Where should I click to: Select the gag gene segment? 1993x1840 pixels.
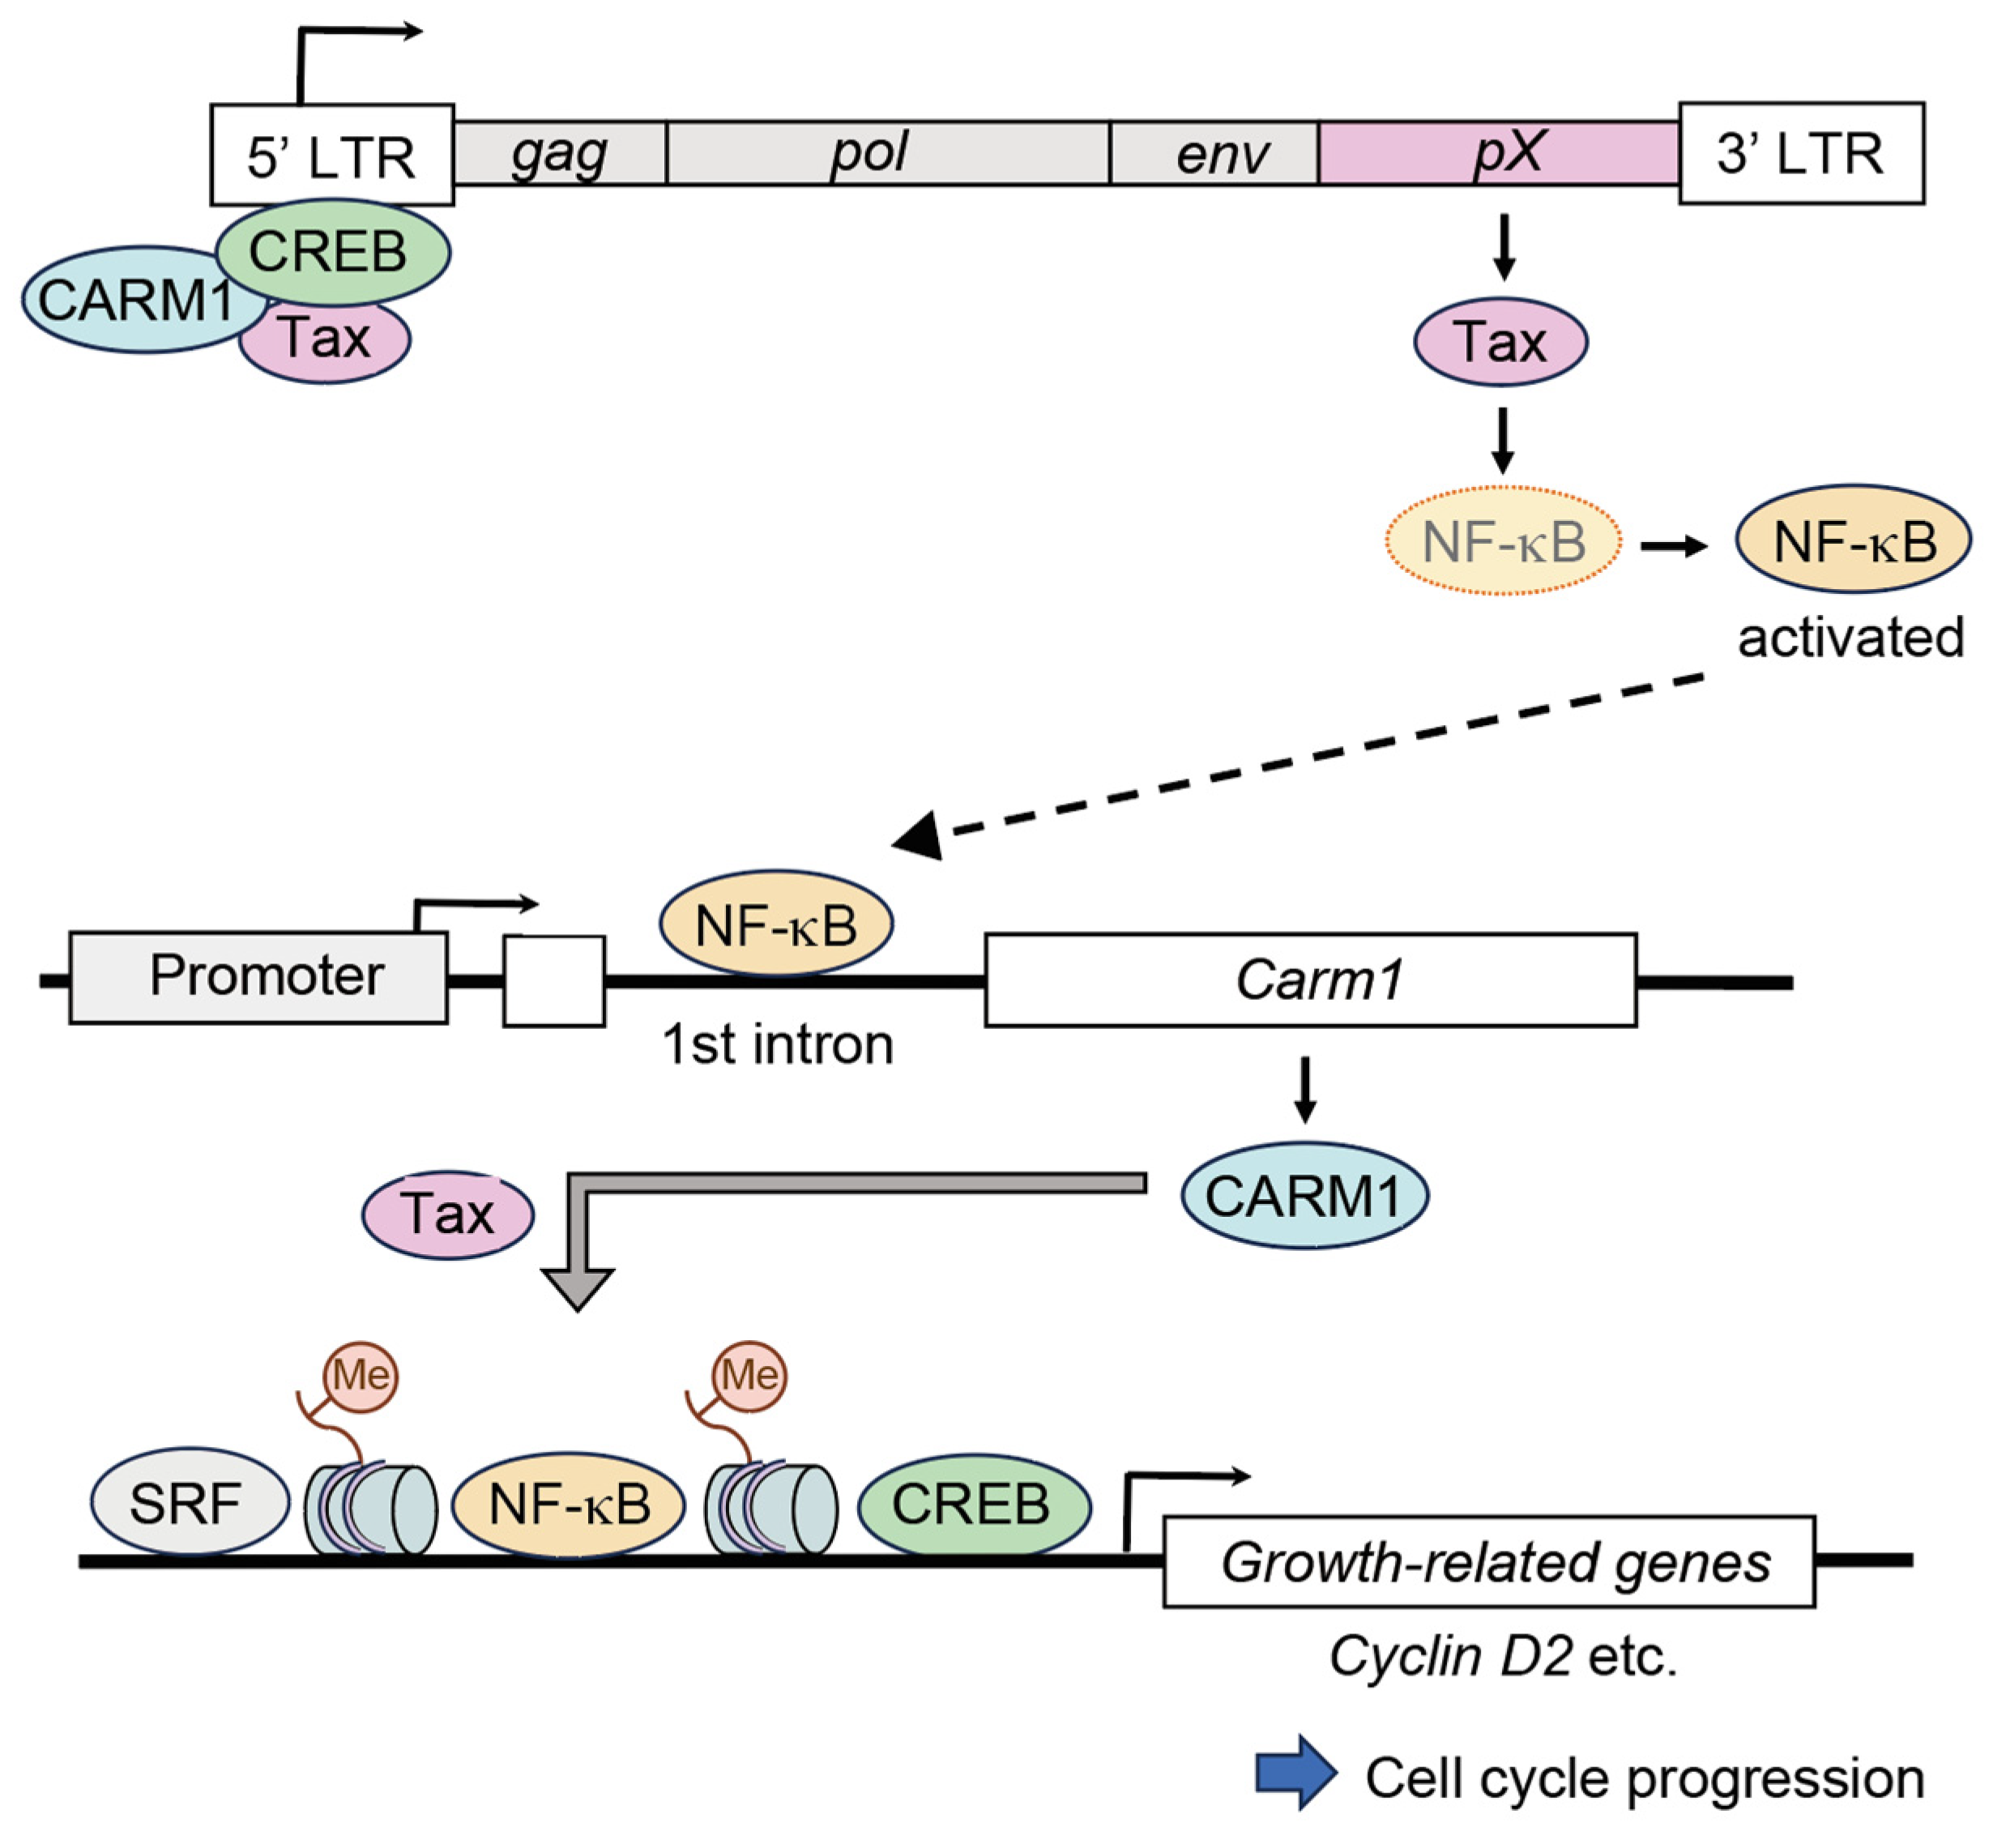click(x=560, y=153)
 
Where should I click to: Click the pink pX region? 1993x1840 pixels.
click(x=1498, y=153)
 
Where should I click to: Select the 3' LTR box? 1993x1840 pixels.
click(x=1801, y=153)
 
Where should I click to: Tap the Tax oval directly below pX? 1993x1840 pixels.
click(x=1500, y=342)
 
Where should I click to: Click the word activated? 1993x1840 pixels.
click(x=1850, y=637)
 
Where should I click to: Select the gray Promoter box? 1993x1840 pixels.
click(x=258, y=975)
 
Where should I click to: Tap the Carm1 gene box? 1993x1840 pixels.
click(x=1310, y=980)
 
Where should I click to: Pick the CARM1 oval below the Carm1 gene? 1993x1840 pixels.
click(x=1304, y=1196)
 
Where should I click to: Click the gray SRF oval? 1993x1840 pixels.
click(x=188, y=1502)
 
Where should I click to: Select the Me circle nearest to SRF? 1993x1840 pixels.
click(x=361, y=1376)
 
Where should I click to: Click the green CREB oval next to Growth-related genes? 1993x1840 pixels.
click(x=973, y=1502)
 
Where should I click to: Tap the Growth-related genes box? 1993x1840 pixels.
click(x=1488, y=1561)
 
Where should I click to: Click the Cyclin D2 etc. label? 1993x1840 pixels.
click(x=1503, y=1657)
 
